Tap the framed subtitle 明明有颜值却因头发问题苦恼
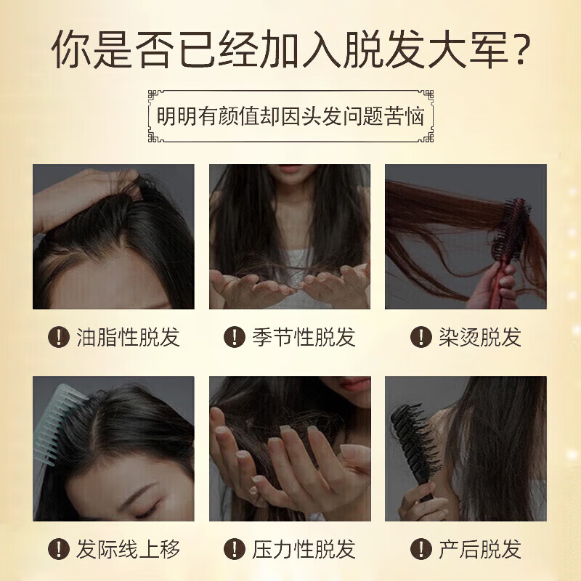coord(290,116)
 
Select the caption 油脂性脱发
coord(127,337)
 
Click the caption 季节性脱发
coord(304,337)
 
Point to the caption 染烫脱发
coord(480,337)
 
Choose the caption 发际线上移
coord(127,549)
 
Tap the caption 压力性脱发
coord(304,549)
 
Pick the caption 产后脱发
coord(480,549)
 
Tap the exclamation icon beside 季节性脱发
coord(233,337)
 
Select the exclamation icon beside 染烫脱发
coord(419,337)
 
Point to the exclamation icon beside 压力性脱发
coord(233,549)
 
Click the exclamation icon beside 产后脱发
coord(419,549)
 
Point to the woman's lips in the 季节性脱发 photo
coord(289,170)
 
